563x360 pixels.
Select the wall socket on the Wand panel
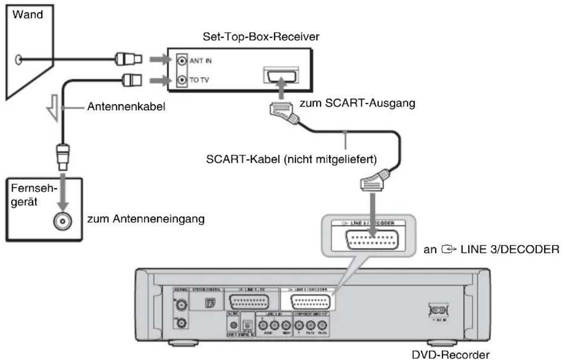pos(17,59)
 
